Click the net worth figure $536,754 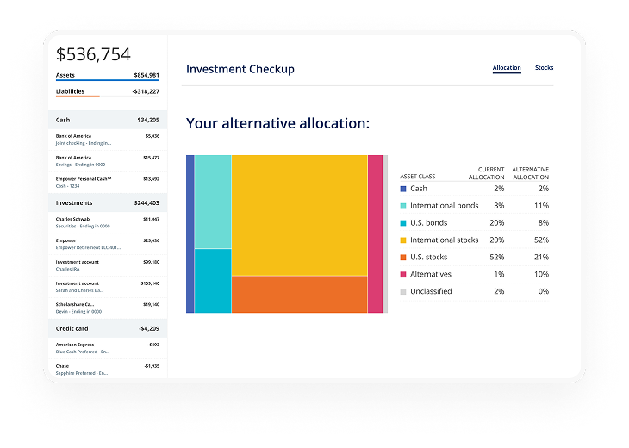coord(93,54)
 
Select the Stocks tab coord(544,68)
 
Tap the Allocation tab coord(507,68)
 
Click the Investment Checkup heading coord(240,69)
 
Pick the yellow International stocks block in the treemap coord(299,215)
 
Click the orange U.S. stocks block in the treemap coord(299,294)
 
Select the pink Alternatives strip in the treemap coord(375,233)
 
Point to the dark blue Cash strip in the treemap coord(190,233)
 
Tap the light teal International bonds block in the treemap coord(213,202)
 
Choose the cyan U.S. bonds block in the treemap coord(213,280)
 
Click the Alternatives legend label coord(430,274)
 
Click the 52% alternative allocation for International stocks coord(541,240)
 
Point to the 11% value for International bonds coord(541,206)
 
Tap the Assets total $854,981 coord(142,75)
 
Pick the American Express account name coord(75,345)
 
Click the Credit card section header coord(73,328)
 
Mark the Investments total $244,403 coord(142,203)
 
